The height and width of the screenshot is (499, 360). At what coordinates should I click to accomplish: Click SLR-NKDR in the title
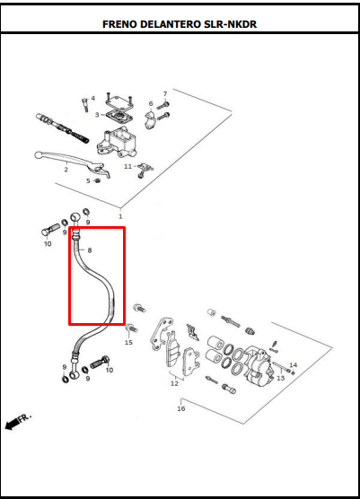click(233, 24)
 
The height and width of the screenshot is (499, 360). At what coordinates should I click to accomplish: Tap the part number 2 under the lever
click(66, 169)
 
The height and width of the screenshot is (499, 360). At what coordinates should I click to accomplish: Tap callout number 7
click(164, 94)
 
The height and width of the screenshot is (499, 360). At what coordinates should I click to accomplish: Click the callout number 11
click(127, 166)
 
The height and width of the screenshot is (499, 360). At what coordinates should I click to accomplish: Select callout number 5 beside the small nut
click(88, 180)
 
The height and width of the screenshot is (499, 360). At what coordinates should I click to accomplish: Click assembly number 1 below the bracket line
click(119, 216)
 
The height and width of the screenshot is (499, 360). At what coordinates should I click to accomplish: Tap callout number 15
click(128, 343)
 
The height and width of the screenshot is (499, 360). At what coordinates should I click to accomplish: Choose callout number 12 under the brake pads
click(174, 383)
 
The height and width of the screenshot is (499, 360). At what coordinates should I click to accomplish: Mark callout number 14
click(293, 365)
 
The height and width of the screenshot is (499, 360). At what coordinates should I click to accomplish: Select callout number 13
click(280, 378)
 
